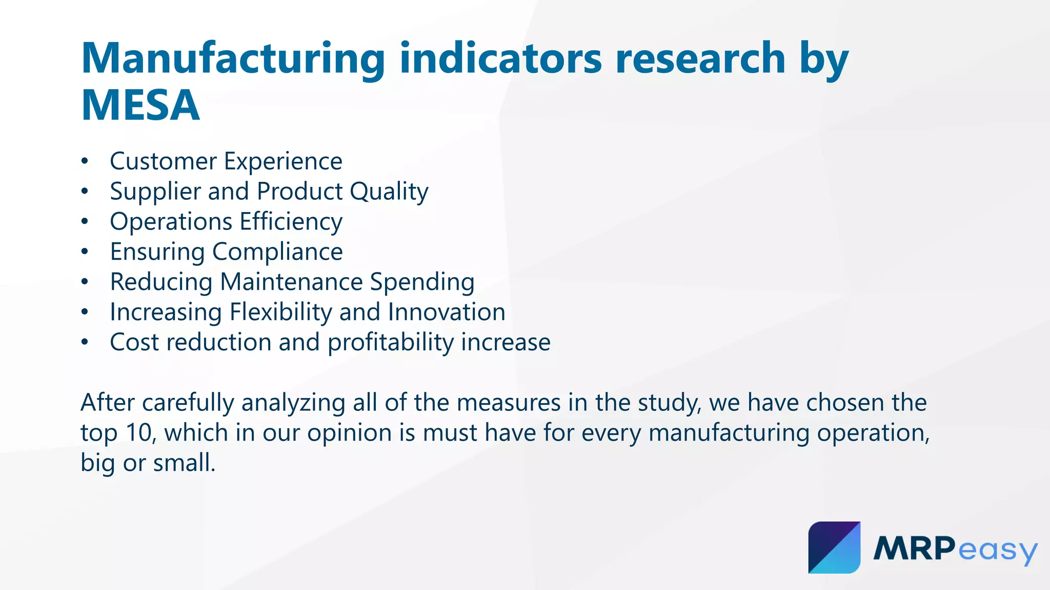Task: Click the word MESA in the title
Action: click(140, 106)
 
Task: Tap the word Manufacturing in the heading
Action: click(233, 58)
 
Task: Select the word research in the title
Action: click(700, 58)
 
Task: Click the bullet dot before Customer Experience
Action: click(85, 162)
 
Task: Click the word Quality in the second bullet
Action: click(389, 192)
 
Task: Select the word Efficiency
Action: click(291, 222)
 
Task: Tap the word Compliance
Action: click(277, 252)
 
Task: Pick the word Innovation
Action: click(446, 312)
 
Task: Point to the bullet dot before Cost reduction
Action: click(85, 343)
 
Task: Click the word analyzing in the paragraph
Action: click(293, 403)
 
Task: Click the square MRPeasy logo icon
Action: click(834, 547)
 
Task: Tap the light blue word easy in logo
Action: click(997, 551)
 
